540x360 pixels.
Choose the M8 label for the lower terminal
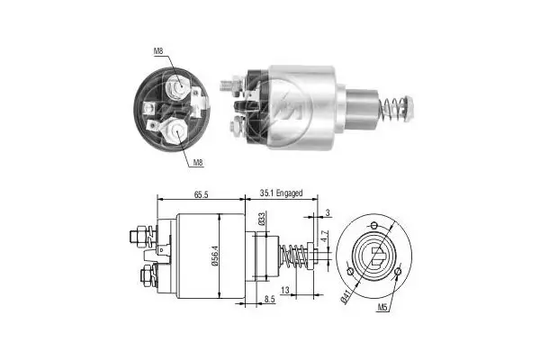click(x=197, y=163)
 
